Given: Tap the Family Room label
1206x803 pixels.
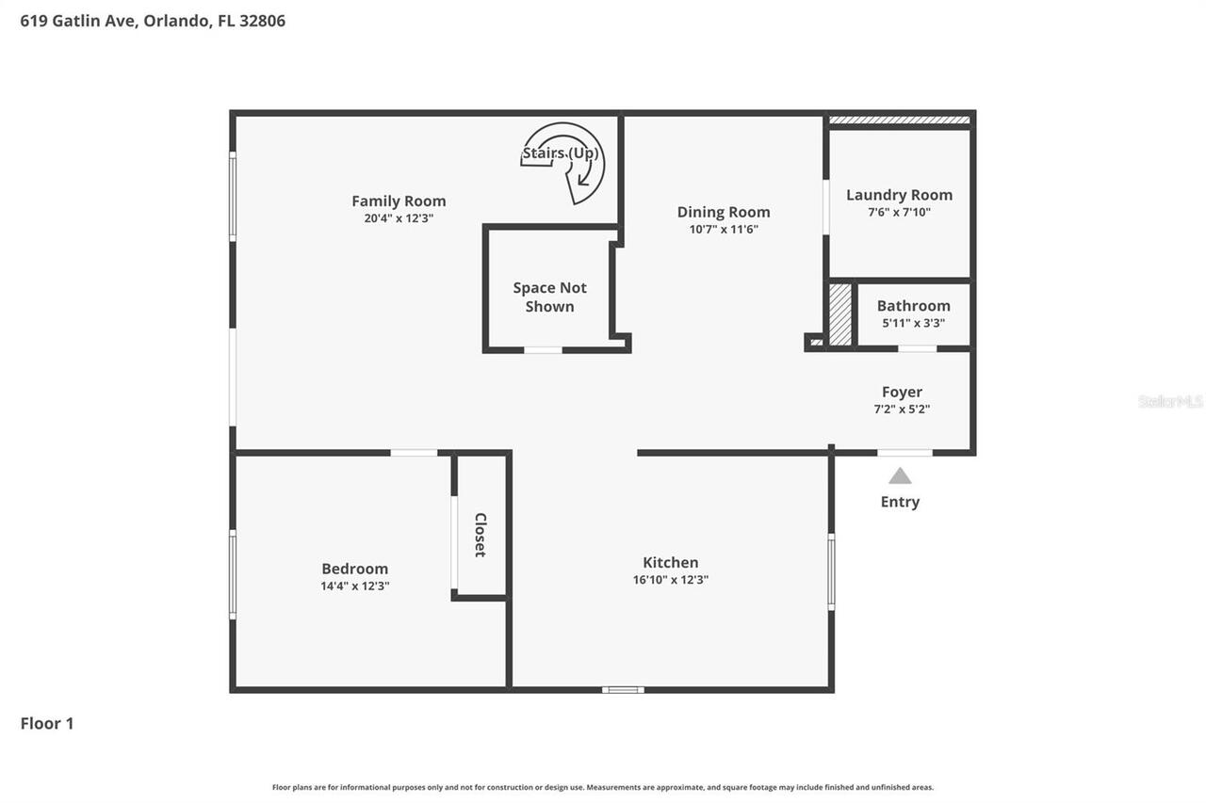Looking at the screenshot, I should click(x=399, y=201).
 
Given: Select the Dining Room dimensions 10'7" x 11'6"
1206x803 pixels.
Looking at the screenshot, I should click(x=723, y=229).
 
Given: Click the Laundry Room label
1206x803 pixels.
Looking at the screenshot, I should click(x=899, y=195).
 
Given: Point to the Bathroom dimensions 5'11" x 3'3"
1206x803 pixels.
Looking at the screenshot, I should click(x=913, y=323).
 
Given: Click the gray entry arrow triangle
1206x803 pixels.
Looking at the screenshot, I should click(x=900, y=476).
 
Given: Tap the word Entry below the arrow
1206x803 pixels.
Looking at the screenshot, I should click(x=900, y=502).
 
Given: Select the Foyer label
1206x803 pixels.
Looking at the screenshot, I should click(x=902, y=392).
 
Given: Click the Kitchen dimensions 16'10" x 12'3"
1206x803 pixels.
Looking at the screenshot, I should click(x=670, y=580).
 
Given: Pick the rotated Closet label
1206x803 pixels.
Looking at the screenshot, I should click(x=481, y=535).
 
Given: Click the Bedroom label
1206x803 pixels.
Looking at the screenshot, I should click(x=354, y=569).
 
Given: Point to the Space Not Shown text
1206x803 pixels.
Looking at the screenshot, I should click(x=549, y=297).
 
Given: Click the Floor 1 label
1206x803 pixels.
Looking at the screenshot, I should click(x=47, y=723).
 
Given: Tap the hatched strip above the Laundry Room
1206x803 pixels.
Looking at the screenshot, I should click(x=899, y=120).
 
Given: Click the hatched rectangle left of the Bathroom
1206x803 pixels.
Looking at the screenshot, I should click(x=839, y=314).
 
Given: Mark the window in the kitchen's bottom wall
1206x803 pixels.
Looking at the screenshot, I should click(x=623, y=690).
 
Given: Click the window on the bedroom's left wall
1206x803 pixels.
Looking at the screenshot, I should click(x=233, y=574).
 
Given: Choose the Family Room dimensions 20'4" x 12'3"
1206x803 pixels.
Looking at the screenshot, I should click(x=399, y=218).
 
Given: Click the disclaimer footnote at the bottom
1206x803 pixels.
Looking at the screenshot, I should click(x=603, y=787).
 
